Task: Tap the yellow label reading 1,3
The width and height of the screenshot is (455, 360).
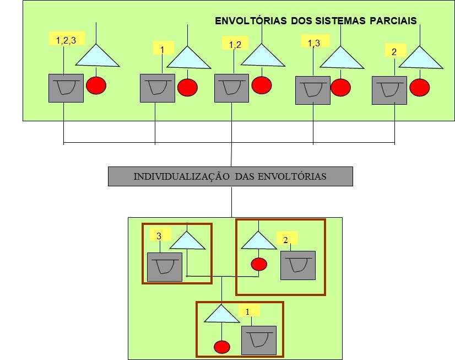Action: click(x=313, y=42)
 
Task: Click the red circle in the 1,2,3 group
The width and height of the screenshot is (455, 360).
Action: click(x=96, y=86)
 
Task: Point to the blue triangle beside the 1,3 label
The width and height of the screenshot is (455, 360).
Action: click(x=342, y=58)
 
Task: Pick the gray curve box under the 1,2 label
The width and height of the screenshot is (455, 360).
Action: click(x=231, y=88)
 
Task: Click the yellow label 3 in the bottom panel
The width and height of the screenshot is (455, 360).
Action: click(x=159, y=235)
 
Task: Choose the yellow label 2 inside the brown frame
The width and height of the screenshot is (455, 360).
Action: click(x=286, y=240)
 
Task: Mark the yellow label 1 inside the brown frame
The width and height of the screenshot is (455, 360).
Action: click(x=248, y=311)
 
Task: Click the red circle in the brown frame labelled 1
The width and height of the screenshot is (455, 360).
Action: click(x=221, y=347)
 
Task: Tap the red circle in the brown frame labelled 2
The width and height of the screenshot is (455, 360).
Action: click(x=259, y=264)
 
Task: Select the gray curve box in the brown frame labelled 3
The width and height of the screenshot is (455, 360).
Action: click(x=164, y=267)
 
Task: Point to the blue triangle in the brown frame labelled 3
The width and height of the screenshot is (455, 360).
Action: click(x=187, y=241)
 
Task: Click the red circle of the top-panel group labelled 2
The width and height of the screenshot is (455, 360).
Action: click(x=420, y=87)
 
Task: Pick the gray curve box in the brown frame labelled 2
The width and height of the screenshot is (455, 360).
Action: click(x=297, y=265)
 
